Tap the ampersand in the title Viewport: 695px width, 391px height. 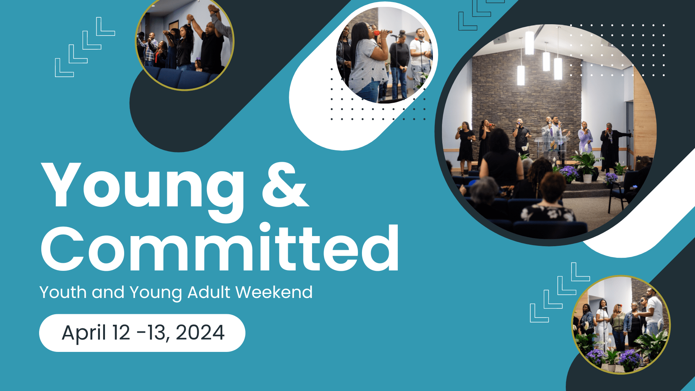(285, 185)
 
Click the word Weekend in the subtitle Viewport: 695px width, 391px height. (274, 292)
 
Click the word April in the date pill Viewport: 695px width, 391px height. (84, 333)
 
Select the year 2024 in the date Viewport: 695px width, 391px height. (200, 333)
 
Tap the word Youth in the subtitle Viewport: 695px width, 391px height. (63, 292)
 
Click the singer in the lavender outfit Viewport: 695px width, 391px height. (585, 138)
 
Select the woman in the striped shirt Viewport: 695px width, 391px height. (367, 62)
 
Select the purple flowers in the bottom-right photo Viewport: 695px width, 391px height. (630, 358)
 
